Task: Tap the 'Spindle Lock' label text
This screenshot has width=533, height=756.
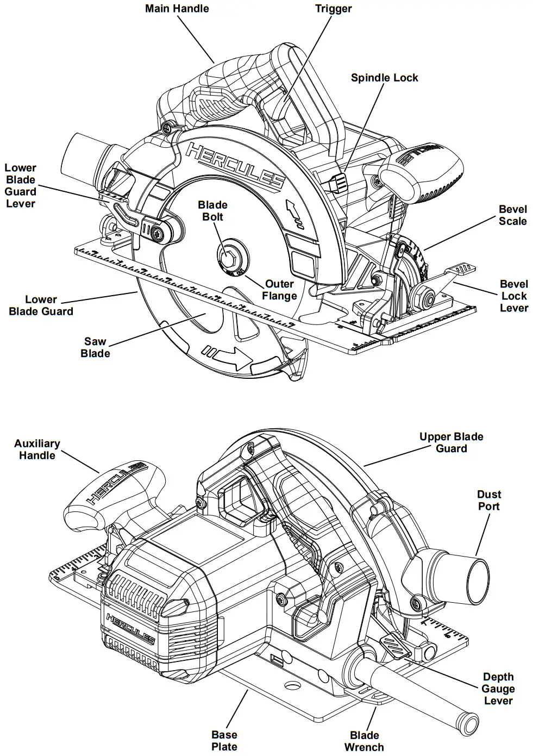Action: (x=384, y=78)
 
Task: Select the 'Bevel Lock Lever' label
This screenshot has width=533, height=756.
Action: (x=513, y=296)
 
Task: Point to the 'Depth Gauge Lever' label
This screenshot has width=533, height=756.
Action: (x=498, y=689)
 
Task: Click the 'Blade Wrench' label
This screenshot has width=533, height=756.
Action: (x=364, y=741)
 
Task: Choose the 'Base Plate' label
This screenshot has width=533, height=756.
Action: (x=224, y=741)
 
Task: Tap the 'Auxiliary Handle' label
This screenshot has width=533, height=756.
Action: (x=37, y=449)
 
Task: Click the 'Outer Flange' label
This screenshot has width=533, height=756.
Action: (x=279, y=290)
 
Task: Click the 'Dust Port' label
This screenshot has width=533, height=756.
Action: (x=489, y=500)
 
